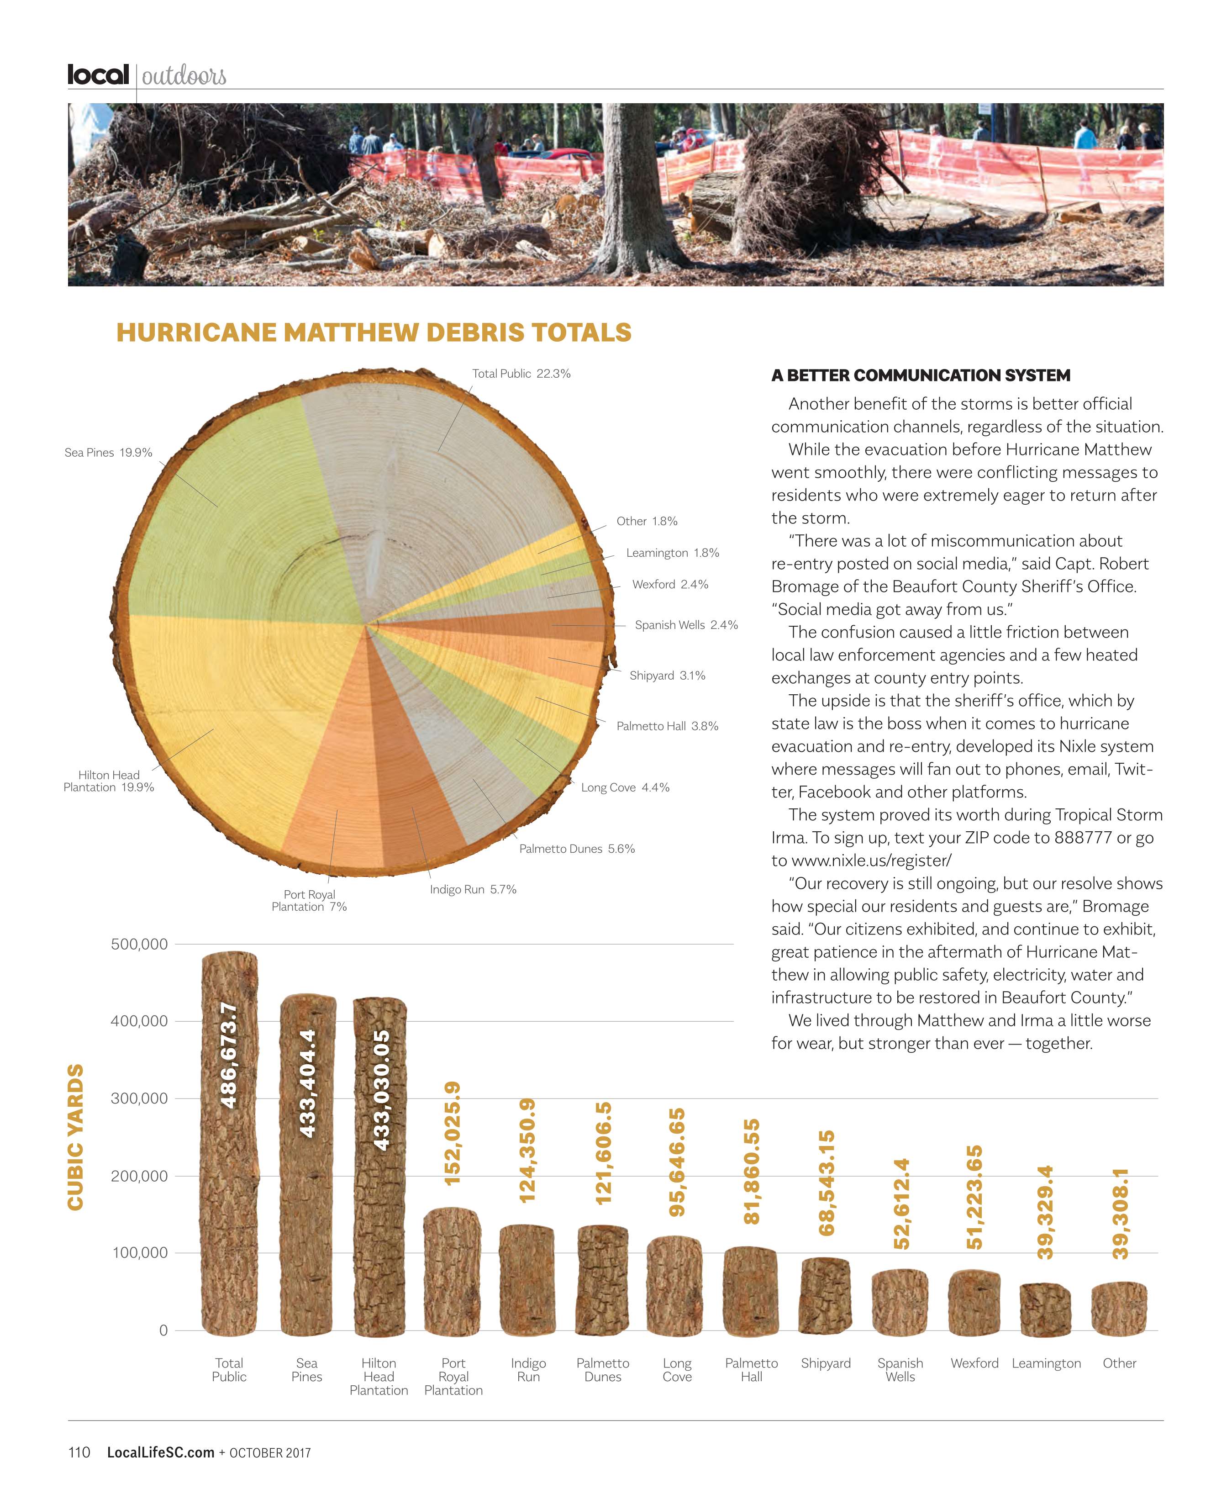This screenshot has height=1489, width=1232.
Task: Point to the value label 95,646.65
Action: pyautogui.click(x=677, y=1163)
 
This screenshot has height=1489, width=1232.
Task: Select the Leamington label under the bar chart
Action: pyautogui.click(x=1046, y=1363)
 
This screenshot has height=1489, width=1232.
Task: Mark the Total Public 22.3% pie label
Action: pyautogui.click(x=521, y=374)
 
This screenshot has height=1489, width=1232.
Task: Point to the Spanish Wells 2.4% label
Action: pyautogui.click(x=685, y=625)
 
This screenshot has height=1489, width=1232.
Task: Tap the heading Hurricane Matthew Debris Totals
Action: pyautogui.click(x=374, y=333)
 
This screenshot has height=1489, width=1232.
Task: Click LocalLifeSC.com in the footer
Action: pyautogui.click(x=160, y=1452)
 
